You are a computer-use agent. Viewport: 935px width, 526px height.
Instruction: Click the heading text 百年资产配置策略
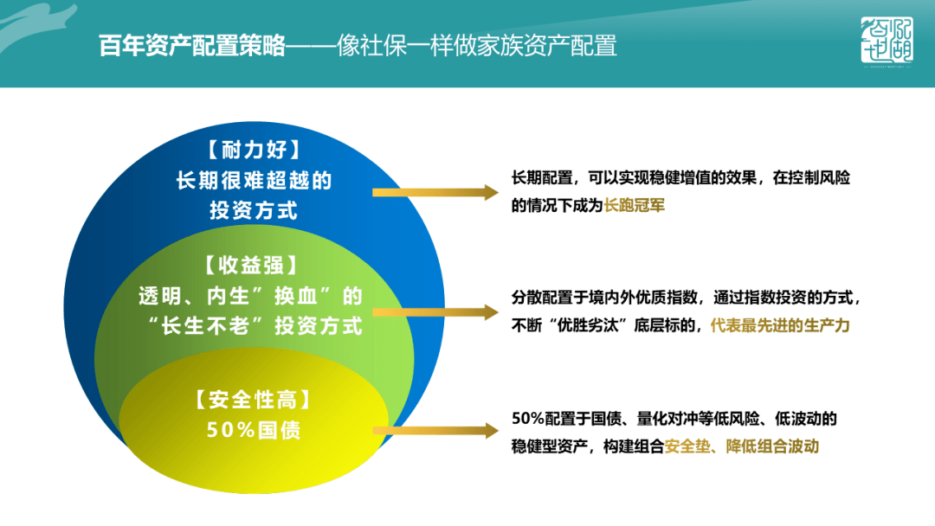[192, 46]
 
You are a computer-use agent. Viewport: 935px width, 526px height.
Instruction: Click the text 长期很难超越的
[254, 180]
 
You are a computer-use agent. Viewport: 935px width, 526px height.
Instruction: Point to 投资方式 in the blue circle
[254, 209]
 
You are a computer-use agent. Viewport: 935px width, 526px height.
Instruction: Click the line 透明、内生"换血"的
[251, 295]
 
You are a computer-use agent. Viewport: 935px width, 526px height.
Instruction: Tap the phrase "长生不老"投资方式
[251, 325]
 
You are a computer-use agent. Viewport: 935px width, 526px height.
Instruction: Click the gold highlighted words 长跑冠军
[635, 205]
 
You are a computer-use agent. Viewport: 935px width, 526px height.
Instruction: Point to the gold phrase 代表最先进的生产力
[780, 325]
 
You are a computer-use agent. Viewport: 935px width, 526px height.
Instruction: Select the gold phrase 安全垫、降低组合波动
[741, 446]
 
